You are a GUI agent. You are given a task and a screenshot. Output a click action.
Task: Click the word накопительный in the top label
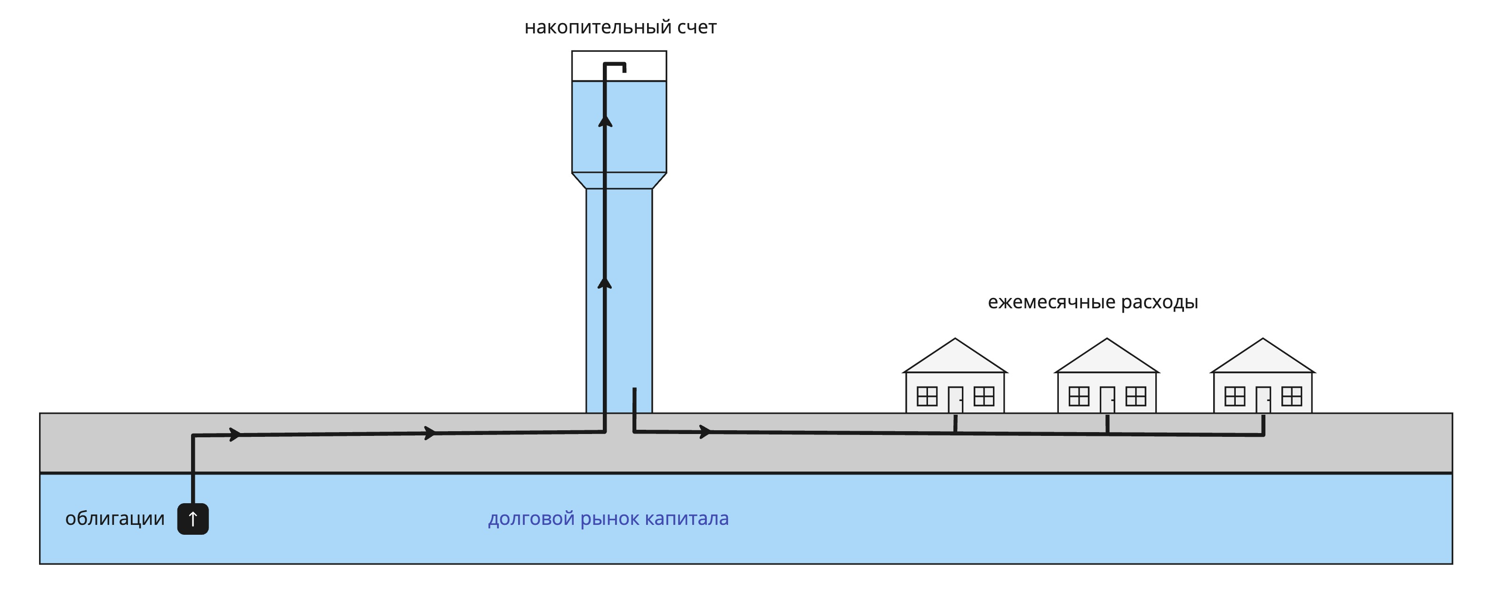(x=597, y=28)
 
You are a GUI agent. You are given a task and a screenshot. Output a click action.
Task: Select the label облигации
(x=114, y=519)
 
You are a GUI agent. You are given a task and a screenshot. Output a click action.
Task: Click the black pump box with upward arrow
(x=193, y=519)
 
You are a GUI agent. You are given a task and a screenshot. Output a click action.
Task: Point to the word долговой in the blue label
(x=531, y=519)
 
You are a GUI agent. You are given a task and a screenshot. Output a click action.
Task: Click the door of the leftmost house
(x=955, y=399)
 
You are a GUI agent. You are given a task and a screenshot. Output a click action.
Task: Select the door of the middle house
(x=1107, y=399)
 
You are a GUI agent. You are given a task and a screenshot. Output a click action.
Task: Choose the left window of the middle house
(x=1079, y=396)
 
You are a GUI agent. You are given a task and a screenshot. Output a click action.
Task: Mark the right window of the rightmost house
(x=1292, y=396)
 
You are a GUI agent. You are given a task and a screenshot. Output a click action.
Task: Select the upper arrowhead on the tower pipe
(x=605, y=121)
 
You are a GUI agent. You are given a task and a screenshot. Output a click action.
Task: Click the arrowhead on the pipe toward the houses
(x=705, y=432)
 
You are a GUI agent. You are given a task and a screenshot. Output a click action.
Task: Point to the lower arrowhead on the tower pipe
(x=605, y=283)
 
